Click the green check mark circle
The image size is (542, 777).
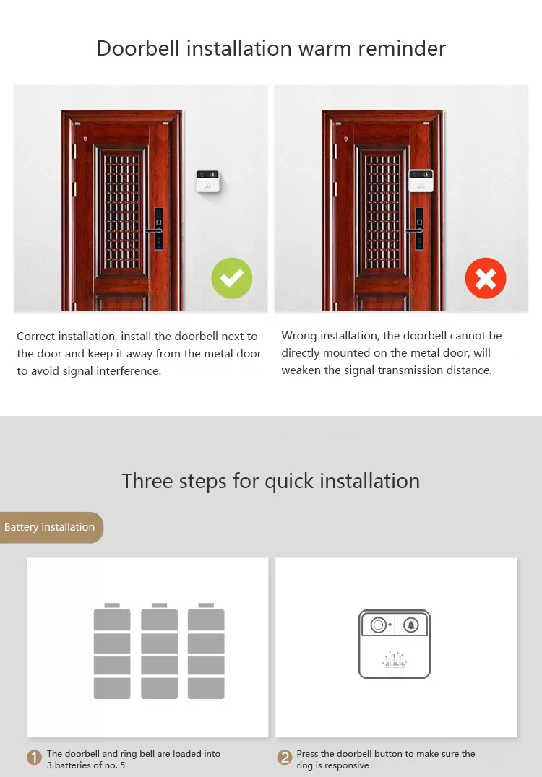click(231, 278)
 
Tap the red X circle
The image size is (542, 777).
click(486, 278)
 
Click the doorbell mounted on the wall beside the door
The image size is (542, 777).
click(208, 181)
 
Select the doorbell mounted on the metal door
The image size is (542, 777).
click(421, 181)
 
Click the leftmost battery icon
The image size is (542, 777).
click(112, 651)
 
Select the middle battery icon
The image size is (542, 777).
click(159, 651)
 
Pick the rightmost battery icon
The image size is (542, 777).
click(206, 651)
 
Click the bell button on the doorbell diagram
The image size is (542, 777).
click(410, 625)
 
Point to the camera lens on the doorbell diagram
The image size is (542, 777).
click(379, 625)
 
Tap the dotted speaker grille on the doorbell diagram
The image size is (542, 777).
click(395, 659)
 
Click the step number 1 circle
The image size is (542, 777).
click(34, 758)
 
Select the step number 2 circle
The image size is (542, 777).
click(285, 758)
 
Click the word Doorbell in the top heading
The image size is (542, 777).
click(138, 48)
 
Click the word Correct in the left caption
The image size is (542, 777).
click(35, 336)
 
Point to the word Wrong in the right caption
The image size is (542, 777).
click(299, 336)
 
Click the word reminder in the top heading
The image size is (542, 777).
click(402, 48)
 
